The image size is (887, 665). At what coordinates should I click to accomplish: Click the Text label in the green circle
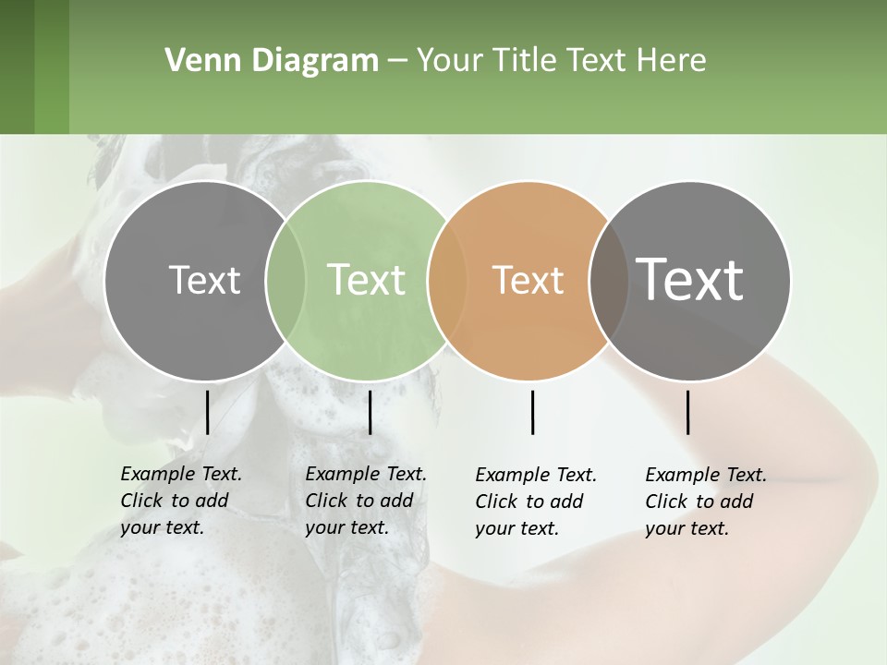[x=367, y=280]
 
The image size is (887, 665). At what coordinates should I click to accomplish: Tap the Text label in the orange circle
[x=528, y=280]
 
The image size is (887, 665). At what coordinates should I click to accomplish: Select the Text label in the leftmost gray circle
[x=204, y=280]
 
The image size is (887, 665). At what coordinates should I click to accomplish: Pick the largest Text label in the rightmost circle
[x=689, y=280]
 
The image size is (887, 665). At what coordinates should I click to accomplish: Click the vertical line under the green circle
[x=370, y=412]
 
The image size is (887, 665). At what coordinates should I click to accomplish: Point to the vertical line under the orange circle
[x=533, y=412]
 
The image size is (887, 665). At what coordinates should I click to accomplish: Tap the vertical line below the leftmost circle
[x=207, y=412]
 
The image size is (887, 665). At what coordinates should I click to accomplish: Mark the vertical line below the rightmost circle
[x=688, y=412]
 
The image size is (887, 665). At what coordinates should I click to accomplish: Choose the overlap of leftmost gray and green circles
[x=286, y=280]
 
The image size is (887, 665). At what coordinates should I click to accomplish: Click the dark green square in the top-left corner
[x=34, y=66]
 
